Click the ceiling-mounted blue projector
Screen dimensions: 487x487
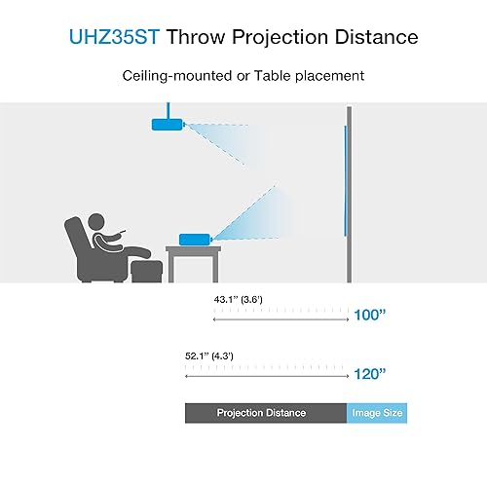(166, 124)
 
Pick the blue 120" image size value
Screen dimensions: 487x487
(371, 373)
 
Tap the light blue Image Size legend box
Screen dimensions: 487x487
(377, 413)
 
